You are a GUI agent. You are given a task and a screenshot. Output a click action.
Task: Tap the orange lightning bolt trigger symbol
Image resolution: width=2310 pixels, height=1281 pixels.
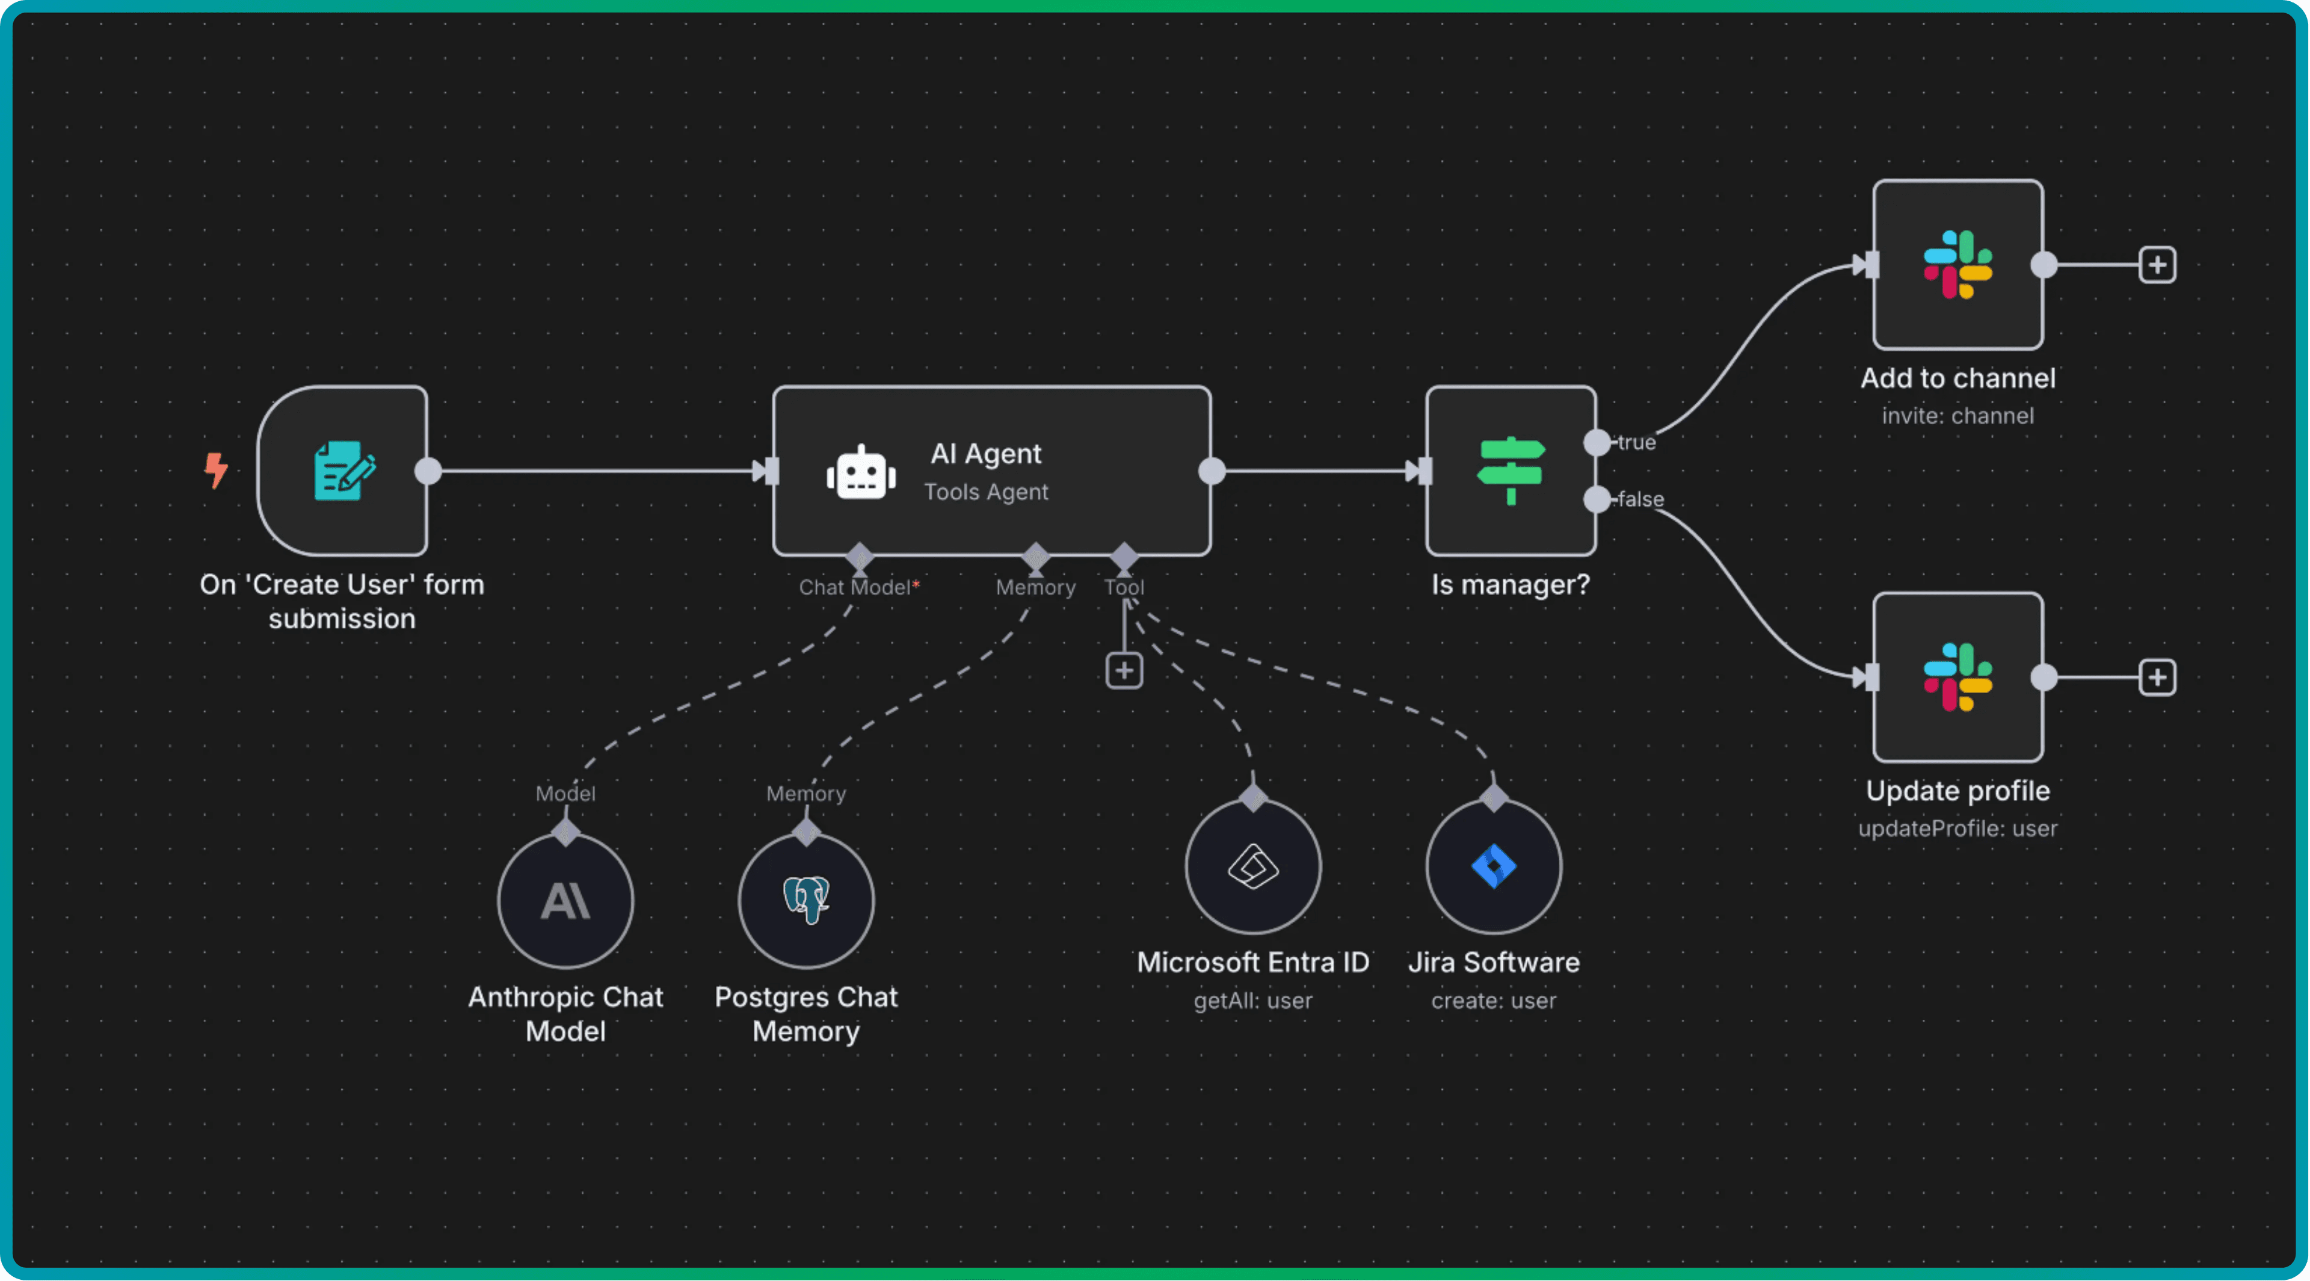click(x=215, y=469)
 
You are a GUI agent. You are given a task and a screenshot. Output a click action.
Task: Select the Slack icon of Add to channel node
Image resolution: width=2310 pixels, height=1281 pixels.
click(x=1957, y=265)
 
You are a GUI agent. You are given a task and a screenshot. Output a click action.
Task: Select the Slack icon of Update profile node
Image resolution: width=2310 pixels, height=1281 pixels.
click(x=1957, y=678)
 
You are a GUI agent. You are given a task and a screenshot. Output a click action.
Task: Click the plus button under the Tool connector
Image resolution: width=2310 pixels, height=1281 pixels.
click(x=1124, y=670)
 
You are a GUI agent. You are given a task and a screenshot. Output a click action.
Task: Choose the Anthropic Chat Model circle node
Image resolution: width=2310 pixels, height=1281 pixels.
click(x=566, y=901)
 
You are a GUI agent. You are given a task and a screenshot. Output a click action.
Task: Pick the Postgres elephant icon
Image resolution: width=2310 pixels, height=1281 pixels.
click(x=806, y=900)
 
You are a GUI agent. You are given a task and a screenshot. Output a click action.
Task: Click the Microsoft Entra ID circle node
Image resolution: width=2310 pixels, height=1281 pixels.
click(x=1252, y=866)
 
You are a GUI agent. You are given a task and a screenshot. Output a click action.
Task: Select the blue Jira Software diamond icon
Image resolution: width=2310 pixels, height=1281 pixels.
click(x=1493, y=866)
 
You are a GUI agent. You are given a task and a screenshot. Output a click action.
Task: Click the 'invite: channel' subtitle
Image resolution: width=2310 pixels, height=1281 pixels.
click(x=1957, y=416)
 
